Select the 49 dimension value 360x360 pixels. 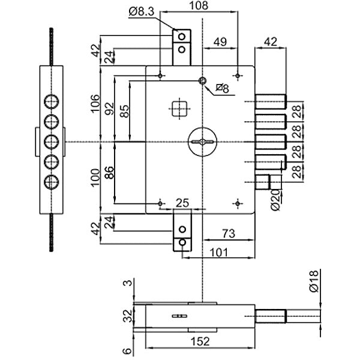click(220, 42)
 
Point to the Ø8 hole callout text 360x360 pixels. click(222, 89)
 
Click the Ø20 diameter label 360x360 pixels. click(276, 199)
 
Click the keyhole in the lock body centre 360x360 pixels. click(202, 141)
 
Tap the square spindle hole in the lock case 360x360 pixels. click(178, 108)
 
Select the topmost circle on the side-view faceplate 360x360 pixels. click(52, 100)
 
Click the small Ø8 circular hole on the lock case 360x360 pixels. click(203, 81)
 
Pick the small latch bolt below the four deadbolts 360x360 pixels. click(265, 181)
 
